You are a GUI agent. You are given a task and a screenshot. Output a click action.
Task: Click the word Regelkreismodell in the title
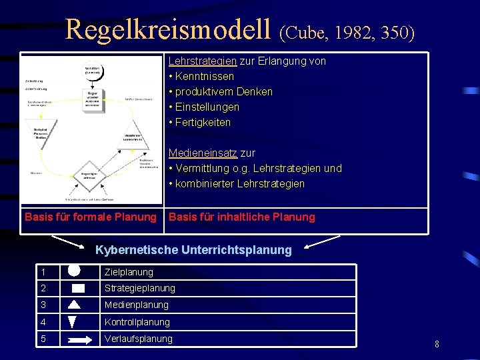pyautogui.click(x=169, y=30)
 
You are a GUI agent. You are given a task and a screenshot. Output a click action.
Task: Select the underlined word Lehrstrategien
pyautogui.click(x=202, y=61)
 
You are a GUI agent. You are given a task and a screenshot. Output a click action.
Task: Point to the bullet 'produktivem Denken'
pyautogui.click(x=223, y=92)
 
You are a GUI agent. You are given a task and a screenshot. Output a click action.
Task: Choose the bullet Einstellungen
pyautogui.click(x=207, y=107)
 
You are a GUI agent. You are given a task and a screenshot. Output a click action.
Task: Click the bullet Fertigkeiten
pyautogui.click(x=203, y=123)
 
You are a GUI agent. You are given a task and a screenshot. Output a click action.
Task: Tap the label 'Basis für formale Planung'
pyautogui.click(x=91, y=217)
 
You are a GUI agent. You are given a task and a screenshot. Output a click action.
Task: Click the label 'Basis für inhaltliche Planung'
pyautogui.click(x=241, y=217)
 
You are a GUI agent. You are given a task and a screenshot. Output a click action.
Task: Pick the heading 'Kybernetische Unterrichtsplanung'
pyautogui.click(x=193, y=251)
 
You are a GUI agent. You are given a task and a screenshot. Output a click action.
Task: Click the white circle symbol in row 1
pyautogui.click(x=74, y=271)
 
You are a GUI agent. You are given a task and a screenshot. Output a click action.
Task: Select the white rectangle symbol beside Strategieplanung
pyautogui.click(x=78, y=289)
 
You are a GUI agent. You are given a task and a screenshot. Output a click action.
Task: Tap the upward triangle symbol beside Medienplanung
pyautogui.click(x=75, y=305)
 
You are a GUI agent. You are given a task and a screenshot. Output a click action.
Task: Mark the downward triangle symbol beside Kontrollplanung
pyautogui.click(x=73, y=322)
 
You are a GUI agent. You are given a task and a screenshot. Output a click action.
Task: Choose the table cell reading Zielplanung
pyautogui.click(x=129, y=272)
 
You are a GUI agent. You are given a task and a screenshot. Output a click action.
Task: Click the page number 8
pyautogui.click(x=437, y=345)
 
